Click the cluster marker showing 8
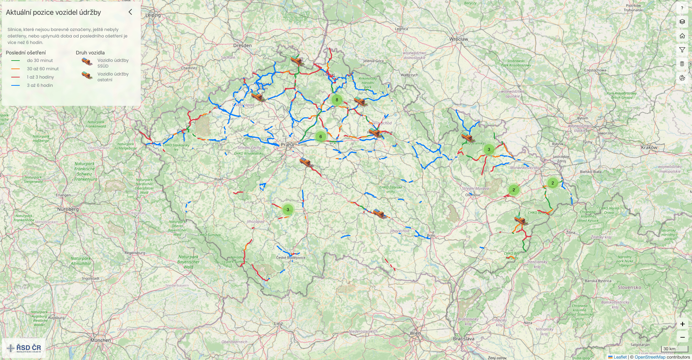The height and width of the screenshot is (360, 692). click(337, 100)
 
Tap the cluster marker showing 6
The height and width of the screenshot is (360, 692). click(320, 137)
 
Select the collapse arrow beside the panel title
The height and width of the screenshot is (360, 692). click(130, 12)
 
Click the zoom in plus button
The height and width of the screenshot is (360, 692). click(682, 324)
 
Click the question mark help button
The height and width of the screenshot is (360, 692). click(682, 8)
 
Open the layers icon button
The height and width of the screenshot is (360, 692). click(682, 22)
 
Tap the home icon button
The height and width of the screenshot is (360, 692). click(682, 36)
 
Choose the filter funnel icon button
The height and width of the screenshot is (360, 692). click(682, 50)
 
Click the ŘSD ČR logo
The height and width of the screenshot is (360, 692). click(24, 348)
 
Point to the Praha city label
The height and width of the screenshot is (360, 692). click(287, 145)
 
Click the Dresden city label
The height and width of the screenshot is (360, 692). click(243, 45)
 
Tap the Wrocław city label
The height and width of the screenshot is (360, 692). click(458, 39)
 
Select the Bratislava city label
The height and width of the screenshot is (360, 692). click(463, 339)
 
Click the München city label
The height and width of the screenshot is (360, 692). click(101, 340)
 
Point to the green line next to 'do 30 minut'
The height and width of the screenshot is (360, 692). click(15, 61)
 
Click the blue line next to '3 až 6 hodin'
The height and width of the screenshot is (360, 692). click(15, 85)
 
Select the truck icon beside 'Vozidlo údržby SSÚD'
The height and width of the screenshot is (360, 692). click(87, 62)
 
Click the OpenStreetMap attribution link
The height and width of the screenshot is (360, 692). click(650, 357)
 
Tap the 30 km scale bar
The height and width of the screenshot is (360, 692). click(674, 349)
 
